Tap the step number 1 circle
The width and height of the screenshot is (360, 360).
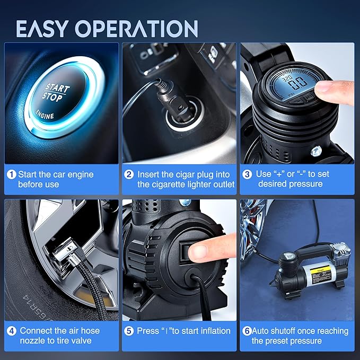coord(12,174)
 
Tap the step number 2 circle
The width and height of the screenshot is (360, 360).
coord(129,174)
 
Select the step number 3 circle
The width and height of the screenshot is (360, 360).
coord(248,174)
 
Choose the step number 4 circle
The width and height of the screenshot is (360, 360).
coord(12,331)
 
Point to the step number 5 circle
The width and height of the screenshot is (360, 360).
coord(129,331)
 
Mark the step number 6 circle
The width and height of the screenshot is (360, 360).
coord(247,331)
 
